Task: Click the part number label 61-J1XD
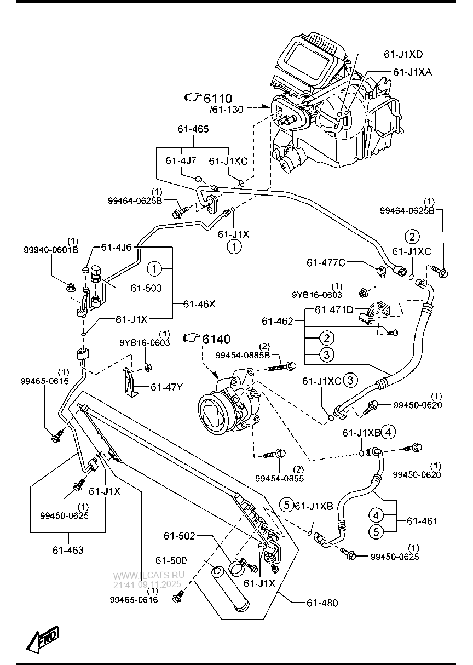(403, 55)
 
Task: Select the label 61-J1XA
(412, 72)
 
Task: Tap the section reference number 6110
(218, 99)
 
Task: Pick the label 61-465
(193, 129)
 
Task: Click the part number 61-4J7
(181, 161)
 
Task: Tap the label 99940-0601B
(51, 250)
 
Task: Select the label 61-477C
(326, 262)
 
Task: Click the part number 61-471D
(334, 310)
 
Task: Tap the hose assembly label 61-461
(422, 521)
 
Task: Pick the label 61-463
(68, 550)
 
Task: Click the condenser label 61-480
(322, 603)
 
